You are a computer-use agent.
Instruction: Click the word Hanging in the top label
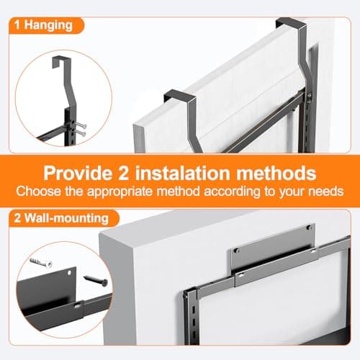tap(48, 25)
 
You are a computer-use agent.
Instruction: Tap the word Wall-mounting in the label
tap(67, 218)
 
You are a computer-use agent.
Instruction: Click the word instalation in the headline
tap(182, 173)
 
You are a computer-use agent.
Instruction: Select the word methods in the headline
tap(276, 173)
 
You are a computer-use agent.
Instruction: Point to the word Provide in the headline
tap(78, 173)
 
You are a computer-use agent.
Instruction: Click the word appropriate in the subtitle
tap(120, 192)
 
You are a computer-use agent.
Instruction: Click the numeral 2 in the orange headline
tap(123, 173)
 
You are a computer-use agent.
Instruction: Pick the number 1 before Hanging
tap(17, 25)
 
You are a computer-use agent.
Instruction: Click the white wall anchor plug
tap(41, 263)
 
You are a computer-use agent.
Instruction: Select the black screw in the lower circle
tap(96, 281)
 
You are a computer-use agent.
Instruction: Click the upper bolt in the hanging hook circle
tap(81, 125)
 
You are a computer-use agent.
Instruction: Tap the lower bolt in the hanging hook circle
tap(81, 133)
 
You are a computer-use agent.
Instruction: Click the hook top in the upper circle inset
tap(59, 60)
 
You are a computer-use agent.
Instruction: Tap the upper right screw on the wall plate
tap(310, 227)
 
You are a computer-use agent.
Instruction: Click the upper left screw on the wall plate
tap(237, 251)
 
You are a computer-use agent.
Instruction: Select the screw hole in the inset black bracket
tap(69, 273)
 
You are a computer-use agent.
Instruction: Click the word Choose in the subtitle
tap(38, 192)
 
